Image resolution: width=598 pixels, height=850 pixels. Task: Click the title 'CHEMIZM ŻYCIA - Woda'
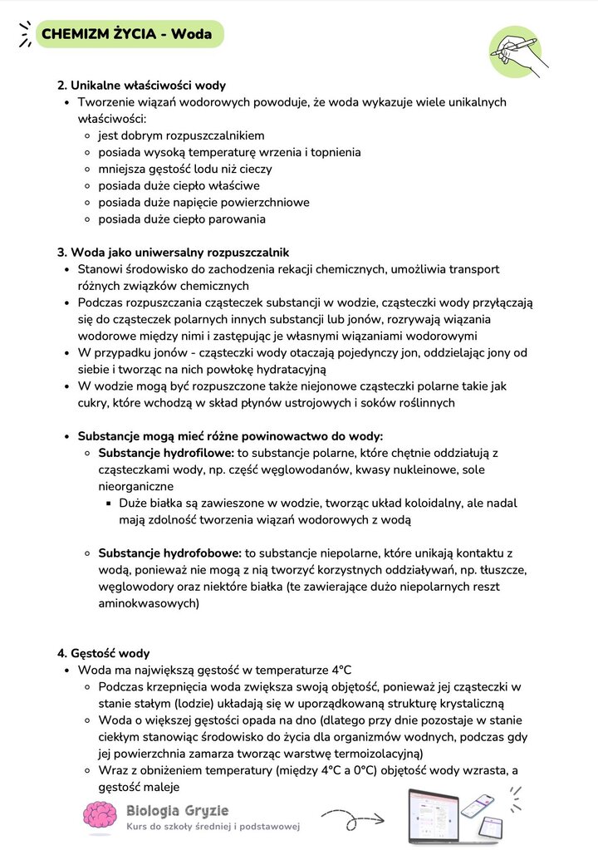click(126, 35)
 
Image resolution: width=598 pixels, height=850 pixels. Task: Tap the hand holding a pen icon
click(515, 52)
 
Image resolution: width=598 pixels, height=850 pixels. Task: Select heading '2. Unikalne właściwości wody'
click(141, 86)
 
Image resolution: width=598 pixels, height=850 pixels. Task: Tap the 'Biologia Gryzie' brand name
click(177, 810)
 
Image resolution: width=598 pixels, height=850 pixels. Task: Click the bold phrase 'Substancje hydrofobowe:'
click(169, 553)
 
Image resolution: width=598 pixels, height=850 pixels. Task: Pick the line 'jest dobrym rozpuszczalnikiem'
click(181, 135)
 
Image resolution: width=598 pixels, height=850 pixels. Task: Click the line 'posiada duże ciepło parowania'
click(182, 219)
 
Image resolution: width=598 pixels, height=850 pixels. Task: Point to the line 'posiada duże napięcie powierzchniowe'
click(203, 203)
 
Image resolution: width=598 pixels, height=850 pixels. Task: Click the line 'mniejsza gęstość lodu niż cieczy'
click(184, 169)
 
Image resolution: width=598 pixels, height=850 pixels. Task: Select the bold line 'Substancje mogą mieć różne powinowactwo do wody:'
click(230, 436)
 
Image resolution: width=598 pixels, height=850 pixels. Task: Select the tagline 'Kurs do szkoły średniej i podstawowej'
click(213, 827)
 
